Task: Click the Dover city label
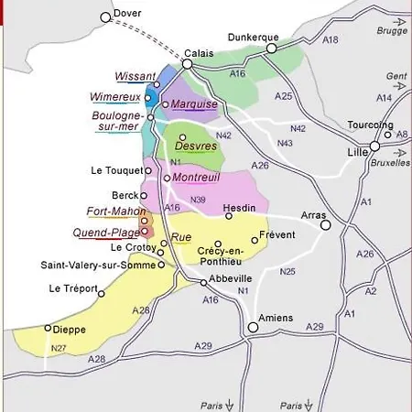point(128,14)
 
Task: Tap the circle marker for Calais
point(187,64)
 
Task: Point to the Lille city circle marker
point(374,146)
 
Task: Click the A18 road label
point(331,40)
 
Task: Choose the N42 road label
point(298,128)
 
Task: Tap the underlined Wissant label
point(135,77)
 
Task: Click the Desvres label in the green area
point(195,146)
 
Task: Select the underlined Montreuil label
point(196,177)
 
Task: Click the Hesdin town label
point(243,207)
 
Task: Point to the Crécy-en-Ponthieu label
point(221,255)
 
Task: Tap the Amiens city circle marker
point(254,327)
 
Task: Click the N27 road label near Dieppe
point(59,348)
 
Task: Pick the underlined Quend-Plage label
point(106,233)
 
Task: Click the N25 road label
point(288,271)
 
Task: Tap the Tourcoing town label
point(370,125)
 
